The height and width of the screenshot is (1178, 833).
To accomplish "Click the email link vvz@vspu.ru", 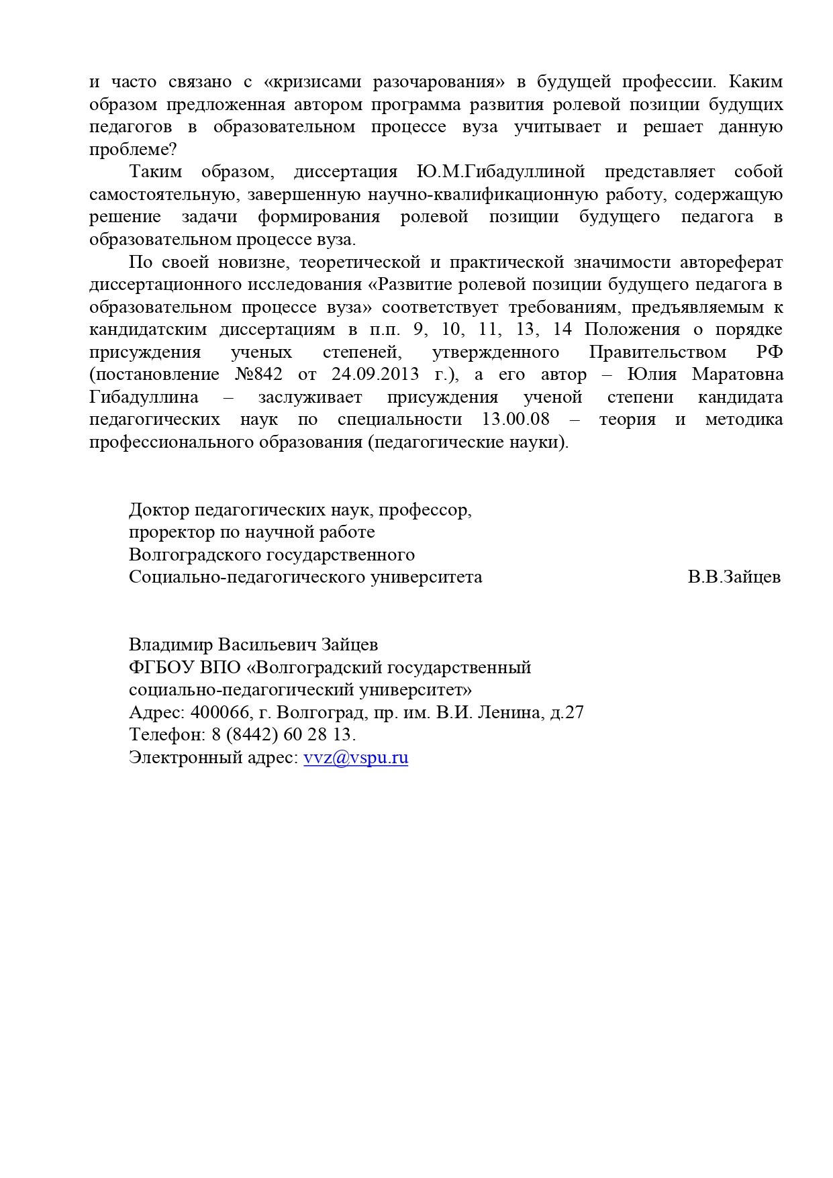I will point(356,758).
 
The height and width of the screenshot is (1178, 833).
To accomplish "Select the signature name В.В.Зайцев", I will point(734,577).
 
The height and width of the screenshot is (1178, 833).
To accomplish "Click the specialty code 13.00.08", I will point(516,420).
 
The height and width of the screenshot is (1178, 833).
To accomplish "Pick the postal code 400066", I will point(215,712).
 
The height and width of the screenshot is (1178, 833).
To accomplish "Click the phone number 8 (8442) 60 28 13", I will point(283,735).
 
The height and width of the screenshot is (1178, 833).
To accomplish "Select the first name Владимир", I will point(170,645).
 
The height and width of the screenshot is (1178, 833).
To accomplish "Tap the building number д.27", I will point(567,712).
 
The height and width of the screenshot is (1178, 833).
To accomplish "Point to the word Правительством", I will point(658,352).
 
